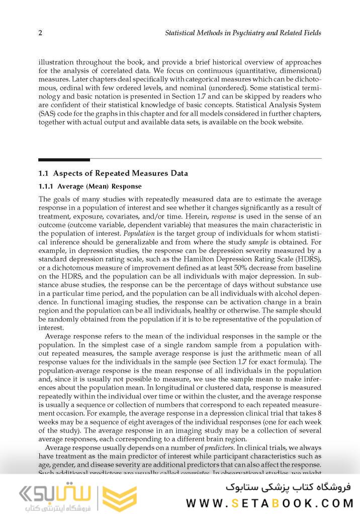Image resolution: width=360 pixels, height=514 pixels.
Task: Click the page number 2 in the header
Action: click(40, 33)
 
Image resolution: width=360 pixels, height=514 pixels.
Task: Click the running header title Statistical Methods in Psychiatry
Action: click(243, 33)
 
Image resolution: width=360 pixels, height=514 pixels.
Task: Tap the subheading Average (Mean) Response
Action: click(90, 186)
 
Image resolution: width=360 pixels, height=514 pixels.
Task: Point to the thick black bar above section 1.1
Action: click(64, 160)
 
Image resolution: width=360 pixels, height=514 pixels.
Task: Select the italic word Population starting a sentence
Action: click(138, 234)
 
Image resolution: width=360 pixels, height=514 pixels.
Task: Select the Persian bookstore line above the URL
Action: click(289, 487)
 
